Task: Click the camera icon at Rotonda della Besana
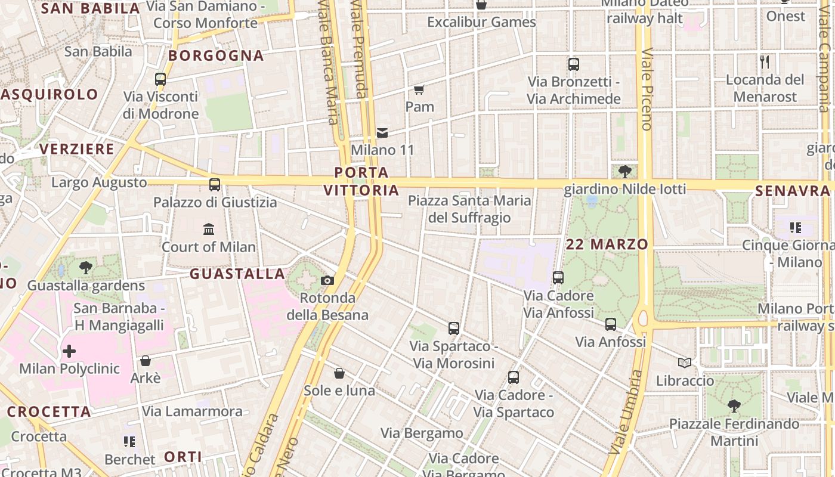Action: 327,281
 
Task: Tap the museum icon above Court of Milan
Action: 209,229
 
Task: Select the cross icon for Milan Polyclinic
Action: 69,351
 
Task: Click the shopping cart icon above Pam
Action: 419,90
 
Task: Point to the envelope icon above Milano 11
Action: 382,132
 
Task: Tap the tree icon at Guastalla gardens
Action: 86,268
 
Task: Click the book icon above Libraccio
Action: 685,363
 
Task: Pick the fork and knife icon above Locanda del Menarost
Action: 765,62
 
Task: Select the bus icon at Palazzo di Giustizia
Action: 215,185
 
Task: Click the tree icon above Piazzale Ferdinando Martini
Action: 734,406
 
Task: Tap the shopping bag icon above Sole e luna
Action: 339,373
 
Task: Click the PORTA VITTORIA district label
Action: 361,181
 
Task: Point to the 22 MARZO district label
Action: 607,244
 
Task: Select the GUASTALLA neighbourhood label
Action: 237,274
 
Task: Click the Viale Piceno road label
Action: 647,89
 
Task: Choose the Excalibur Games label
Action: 481,22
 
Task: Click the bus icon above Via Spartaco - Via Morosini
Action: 454,329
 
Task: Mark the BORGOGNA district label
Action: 216,55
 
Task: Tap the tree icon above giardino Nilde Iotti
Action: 625,172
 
